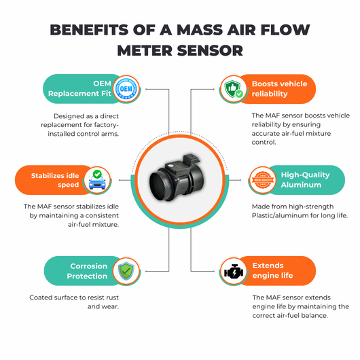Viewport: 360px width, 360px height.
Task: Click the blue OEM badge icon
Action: [126, 89]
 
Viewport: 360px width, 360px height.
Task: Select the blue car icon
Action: [97, 180]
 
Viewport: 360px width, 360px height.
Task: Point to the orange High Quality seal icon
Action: [263, 180]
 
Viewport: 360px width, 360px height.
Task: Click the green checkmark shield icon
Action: [126, 271]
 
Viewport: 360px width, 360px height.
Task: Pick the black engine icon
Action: [234, 272]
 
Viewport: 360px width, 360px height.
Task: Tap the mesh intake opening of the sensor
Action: [160, 186]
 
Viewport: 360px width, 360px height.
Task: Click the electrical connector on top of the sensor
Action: [190, 161]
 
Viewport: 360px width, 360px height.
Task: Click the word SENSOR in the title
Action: [210, 50]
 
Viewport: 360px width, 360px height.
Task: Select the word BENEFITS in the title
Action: [89, 30]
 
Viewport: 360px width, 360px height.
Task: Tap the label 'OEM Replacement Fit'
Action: [79, 88]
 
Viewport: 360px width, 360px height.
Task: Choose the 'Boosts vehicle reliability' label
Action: [279, 89]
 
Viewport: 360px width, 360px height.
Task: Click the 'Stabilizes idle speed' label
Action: [55, 180]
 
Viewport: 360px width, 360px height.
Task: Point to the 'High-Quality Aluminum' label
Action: [306, 180]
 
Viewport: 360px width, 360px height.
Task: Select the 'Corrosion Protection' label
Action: [87, 271]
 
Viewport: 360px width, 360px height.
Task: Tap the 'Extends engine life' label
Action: [273, 270]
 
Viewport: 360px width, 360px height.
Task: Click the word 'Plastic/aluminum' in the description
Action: [278, 215]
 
